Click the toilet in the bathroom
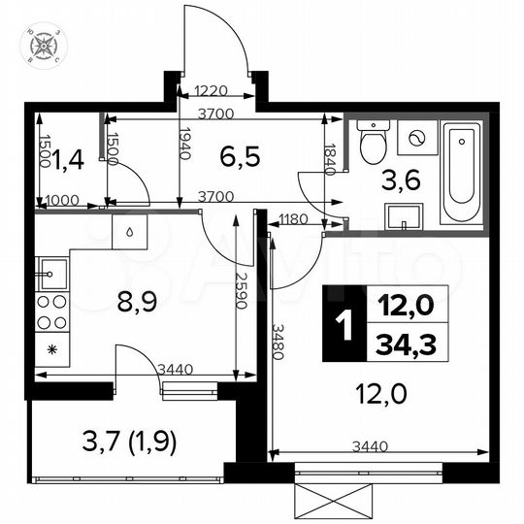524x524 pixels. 372,146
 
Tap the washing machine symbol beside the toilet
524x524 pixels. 416,139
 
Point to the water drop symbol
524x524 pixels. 129,233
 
